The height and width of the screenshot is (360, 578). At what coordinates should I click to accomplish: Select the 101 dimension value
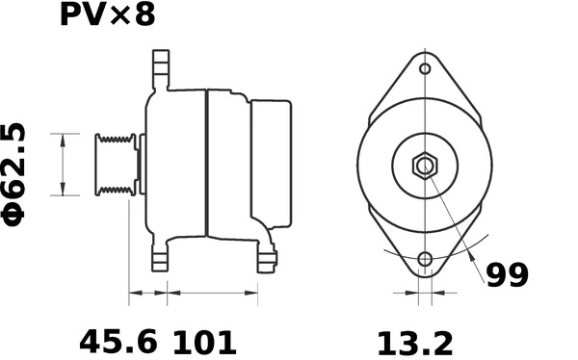pyautogui.click(x=204, y=341)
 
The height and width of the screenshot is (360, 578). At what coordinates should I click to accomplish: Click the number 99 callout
pyautogui.click(x=507, y=275)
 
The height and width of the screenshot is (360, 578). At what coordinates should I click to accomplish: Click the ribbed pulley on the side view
pyautogui.click(x=114, y=165)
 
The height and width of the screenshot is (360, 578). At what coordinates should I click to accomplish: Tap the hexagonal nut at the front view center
pyautogui.click(x=424, y=165)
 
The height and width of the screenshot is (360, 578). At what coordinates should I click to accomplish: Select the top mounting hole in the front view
pyautogui.click(x=425, y=69)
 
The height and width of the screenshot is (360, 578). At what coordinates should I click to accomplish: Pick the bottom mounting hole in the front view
pyautogui.click(x=424, y=259)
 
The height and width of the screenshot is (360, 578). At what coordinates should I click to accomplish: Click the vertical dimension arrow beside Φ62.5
pyautogui.click(x=64, y=165)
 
